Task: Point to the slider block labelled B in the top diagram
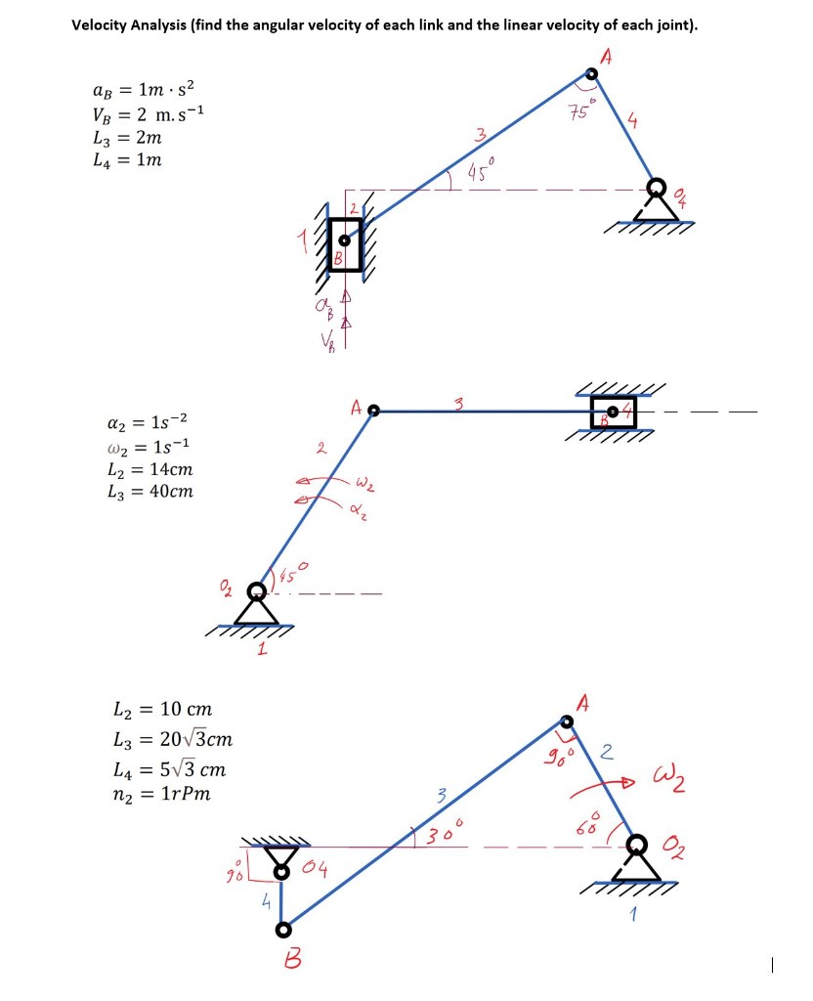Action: coord(345,243)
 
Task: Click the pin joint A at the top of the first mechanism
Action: coord(591,73)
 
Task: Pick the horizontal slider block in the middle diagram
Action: coord(613,412)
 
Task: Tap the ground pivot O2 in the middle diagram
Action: coord(256,591)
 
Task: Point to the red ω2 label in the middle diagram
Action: coord(364,482)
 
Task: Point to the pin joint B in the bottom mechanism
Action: coord(283,929)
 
